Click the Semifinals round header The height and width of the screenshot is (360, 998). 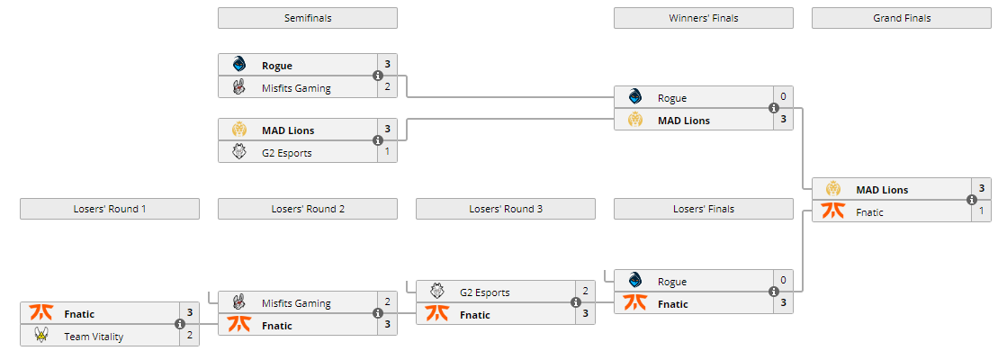pos(307,18)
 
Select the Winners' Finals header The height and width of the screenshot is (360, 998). pos(703,18)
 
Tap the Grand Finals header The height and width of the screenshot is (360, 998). pos(901,18)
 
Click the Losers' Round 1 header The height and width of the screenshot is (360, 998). pos(109,209)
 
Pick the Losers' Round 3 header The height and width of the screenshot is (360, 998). pos(505,209)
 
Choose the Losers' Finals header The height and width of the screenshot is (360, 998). pos(703,209)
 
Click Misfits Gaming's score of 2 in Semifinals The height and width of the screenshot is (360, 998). pos(387,87)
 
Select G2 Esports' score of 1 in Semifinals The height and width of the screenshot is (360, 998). pos(387,152)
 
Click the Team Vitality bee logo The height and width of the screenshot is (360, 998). pos(40,336)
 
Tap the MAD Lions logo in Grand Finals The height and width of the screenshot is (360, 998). pos(832,189)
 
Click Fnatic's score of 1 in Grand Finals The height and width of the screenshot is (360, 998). pos(981,211)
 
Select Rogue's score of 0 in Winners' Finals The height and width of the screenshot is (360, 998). pos(783,97)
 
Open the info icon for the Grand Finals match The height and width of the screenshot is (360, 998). pos(972,201)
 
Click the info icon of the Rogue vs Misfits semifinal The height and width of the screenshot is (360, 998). pos(378,76)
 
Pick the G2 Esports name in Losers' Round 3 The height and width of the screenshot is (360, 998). pos(484,292)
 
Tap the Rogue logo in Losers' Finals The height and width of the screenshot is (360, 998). pos(634,280)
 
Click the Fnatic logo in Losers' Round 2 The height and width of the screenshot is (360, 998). pos(238,325)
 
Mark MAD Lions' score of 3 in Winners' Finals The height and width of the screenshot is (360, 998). pos(783,120)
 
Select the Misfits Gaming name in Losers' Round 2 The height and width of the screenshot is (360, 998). pos(296,303)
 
